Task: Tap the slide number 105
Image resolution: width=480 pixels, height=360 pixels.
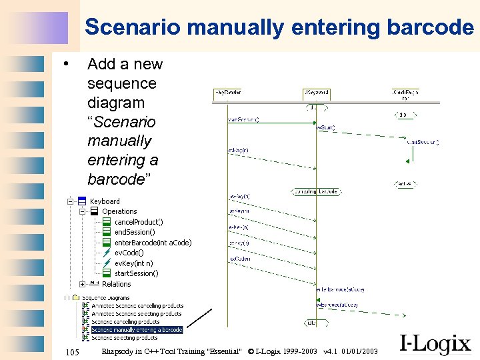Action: coord(71,351)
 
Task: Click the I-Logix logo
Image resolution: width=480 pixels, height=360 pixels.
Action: coord(435,345)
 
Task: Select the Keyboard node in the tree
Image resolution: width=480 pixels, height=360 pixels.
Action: coord(105,201)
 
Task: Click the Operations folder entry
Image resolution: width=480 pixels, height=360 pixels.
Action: coord(119,211)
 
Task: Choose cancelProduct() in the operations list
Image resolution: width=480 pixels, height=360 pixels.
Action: coord(139,222)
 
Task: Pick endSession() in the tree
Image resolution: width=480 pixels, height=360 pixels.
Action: coord(136,232)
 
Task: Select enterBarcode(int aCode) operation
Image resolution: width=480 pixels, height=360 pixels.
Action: coord(153,243)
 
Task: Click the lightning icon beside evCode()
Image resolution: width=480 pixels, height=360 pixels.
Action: coord(107,253)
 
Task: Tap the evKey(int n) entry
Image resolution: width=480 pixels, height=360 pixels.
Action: coord(133,263)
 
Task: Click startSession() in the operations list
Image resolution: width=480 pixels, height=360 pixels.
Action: coord(136,273)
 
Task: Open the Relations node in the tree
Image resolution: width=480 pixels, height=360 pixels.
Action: coord(116,284)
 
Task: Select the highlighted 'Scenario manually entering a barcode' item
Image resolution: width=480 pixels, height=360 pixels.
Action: coord(136,329)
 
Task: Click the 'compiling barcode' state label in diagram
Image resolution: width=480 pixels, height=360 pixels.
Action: coord(316,192)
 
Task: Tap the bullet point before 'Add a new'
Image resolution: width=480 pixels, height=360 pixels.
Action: coord(65,64)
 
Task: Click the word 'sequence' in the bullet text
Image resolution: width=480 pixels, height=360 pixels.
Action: coord(121,83)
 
